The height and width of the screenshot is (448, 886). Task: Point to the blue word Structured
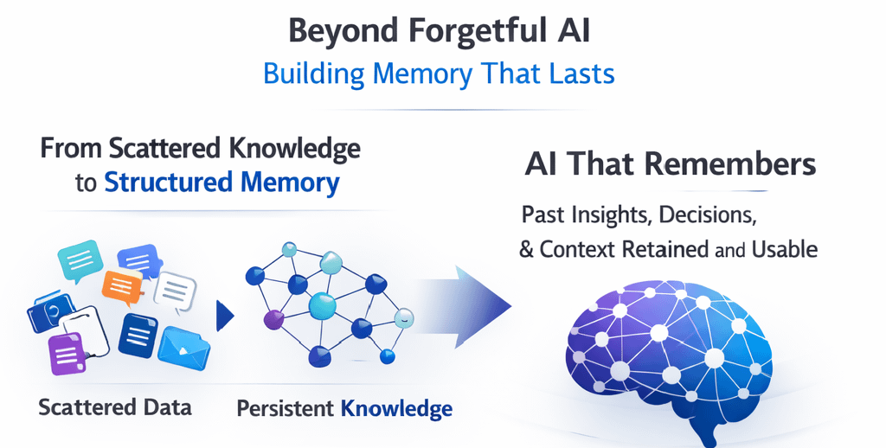[169, 182]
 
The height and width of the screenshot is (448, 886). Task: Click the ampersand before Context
[526, 249]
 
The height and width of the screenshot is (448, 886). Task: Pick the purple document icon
[67, 354]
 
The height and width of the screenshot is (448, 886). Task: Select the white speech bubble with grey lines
[176, 291]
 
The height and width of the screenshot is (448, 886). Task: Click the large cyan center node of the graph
[323, 306]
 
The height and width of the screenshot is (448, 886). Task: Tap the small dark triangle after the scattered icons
[225, 316]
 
